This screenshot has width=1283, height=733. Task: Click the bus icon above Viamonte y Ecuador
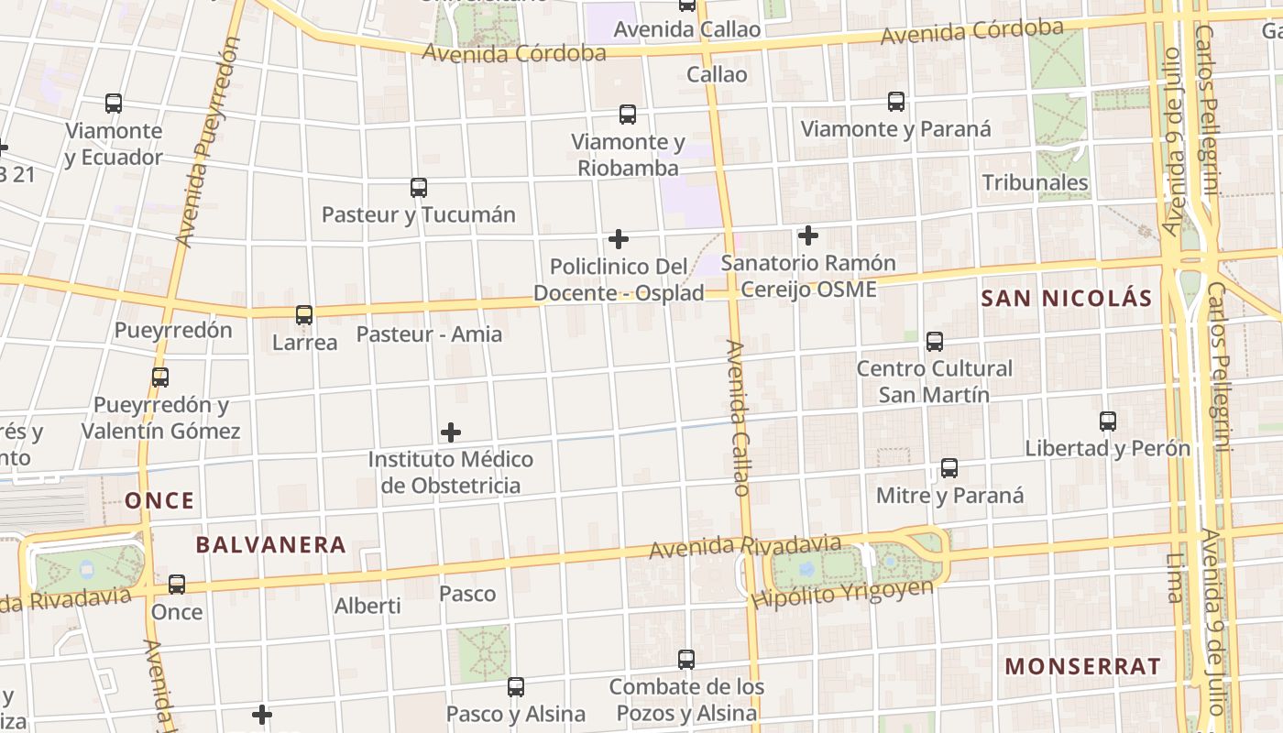tap(114, 104)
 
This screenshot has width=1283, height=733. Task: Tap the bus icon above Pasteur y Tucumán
tap(419, 188)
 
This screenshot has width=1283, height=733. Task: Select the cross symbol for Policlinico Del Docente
tap(619, 239)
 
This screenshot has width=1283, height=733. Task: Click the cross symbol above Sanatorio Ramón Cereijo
tap(807, 235)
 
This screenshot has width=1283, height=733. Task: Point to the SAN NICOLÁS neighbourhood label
tap(1066, 298)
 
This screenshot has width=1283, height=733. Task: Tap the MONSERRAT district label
tap(1082, 666)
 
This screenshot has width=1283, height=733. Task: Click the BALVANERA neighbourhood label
tap(271, 545)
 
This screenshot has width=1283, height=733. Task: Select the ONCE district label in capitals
tap(160, 500)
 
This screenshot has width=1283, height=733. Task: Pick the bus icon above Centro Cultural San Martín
tap(935, 342)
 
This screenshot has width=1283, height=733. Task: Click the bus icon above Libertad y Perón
tap(1108, 421)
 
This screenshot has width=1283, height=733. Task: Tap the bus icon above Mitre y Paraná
tap(949, 468)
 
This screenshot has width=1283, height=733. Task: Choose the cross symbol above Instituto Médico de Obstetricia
tap(451, 432)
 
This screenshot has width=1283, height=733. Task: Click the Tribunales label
tap(1035, 182)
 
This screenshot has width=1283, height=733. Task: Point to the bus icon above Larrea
tap(304, 315)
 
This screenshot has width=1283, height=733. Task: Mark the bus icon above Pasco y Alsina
tap(516, 686)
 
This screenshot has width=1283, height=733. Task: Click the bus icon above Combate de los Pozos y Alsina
tap(686, 659)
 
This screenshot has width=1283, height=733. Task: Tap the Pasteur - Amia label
tap(429, 334)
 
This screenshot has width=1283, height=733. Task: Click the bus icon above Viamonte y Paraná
tap(896, 102)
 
